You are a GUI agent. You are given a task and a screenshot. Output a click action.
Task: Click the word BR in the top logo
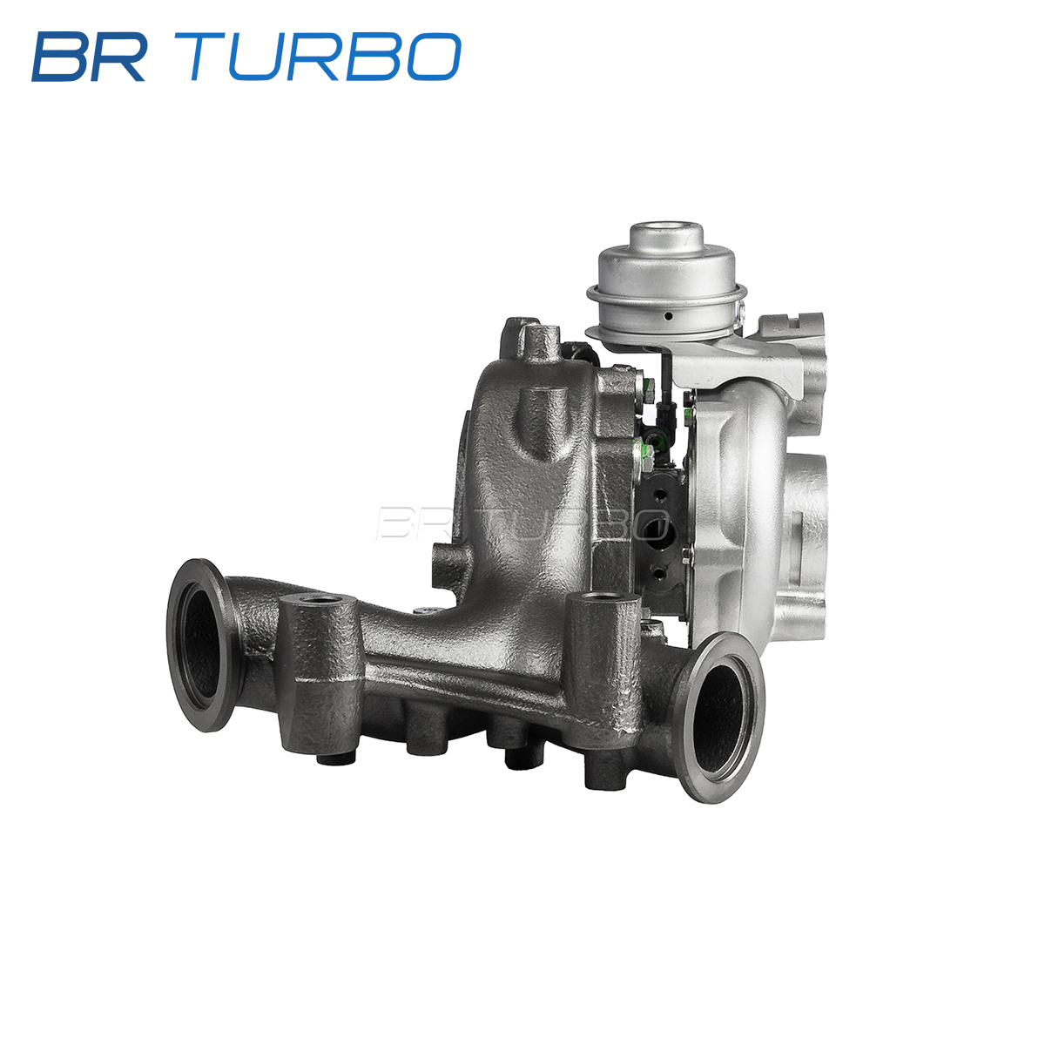(89, 57)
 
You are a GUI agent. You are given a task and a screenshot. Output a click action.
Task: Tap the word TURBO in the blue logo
(325, 57)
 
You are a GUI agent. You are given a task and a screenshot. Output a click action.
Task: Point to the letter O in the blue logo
(434, 57)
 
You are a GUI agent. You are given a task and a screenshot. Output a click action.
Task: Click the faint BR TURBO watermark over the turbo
(522, 524)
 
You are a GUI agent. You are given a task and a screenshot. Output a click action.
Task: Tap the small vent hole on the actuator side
(669, 316)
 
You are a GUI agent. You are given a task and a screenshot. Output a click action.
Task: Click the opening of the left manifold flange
(199, 644)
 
